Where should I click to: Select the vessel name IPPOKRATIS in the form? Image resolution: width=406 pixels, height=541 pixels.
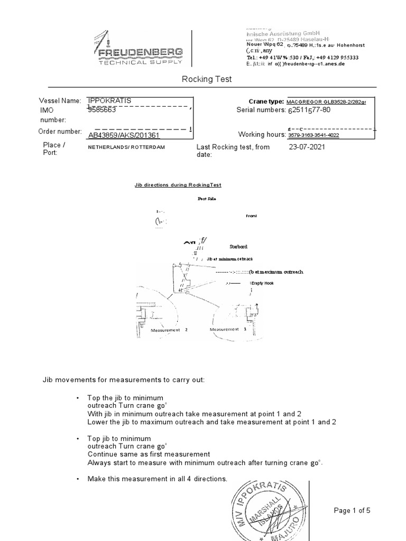[x=109, y=100]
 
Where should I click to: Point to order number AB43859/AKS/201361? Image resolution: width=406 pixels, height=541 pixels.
[x=124, y=135]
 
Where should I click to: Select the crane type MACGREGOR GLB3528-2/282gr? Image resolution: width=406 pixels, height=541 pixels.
[x=325, y=101]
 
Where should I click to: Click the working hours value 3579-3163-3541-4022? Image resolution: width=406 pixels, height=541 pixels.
[x=313, y=135]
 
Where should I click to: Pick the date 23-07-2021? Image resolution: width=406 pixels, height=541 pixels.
[x=307, y=147]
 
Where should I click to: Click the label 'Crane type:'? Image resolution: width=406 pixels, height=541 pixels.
[x=266, y=101]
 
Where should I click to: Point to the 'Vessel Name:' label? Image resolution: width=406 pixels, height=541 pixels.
[x=60, y=100]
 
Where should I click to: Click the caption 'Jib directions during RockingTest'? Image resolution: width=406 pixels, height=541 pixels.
[x=178, y=185]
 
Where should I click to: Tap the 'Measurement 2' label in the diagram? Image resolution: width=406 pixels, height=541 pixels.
[x=169, y=330]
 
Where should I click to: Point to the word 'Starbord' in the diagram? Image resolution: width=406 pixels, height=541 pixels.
[x=238, y=247]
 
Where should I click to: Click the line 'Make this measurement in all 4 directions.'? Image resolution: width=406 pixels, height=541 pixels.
[x=157, y=479]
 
